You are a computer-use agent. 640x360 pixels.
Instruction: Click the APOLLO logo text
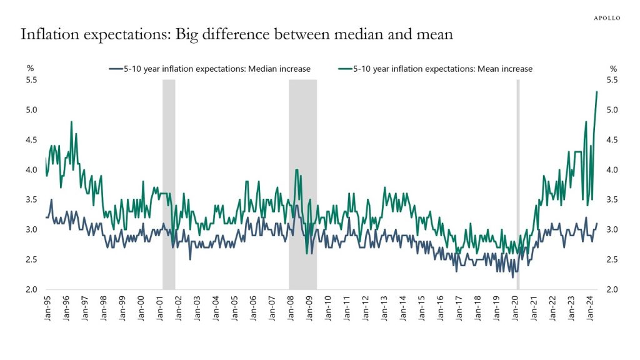(x=606, y=17)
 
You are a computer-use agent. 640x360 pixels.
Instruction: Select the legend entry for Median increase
(x=209, y=69)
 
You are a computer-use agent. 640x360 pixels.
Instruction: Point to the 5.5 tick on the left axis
(x=32, y=80)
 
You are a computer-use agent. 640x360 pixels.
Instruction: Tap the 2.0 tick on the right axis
(x=612, y=289)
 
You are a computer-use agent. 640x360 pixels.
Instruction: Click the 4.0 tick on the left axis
(x=32, y=170)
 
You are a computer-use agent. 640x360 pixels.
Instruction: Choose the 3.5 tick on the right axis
(x=612, y=200)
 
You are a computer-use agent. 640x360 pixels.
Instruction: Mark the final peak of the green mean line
(x=597, y=92)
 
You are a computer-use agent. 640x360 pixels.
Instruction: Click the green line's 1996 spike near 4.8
(x=71, y=122)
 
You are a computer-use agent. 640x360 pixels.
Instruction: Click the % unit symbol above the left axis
(x=29, y=69)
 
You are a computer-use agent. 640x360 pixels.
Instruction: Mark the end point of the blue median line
(x=597, y=224)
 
